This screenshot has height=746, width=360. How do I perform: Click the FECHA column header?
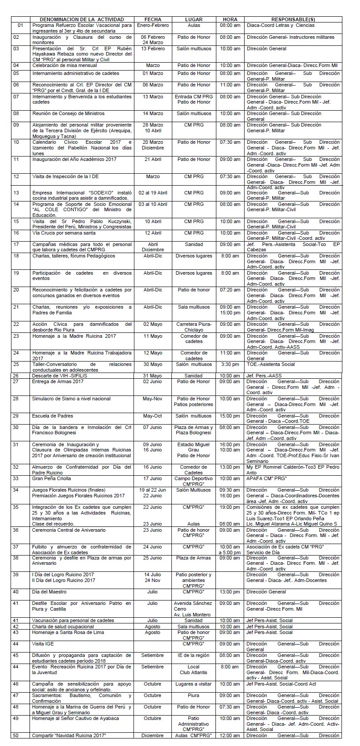152,19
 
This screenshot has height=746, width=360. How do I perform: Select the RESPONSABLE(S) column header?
293,19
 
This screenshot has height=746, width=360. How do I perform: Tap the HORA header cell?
230,19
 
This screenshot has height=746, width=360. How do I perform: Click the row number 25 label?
16,365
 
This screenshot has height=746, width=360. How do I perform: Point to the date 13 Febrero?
152,48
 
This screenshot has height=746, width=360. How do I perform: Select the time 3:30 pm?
230,365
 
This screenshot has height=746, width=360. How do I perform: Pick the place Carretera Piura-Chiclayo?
194,327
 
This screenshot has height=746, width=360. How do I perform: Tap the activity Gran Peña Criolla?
52,478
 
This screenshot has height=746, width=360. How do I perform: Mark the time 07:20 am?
230,290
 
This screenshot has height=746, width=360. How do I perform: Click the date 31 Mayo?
152,376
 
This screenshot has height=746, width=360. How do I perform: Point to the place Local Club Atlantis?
193,670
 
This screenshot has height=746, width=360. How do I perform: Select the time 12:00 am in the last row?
230,735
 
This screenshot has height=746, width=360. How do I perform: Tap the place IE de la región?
193,655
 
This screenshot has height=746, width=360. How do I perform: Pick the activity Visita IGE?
43,644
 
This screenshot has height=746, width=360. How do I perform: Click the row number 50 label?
16,735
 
